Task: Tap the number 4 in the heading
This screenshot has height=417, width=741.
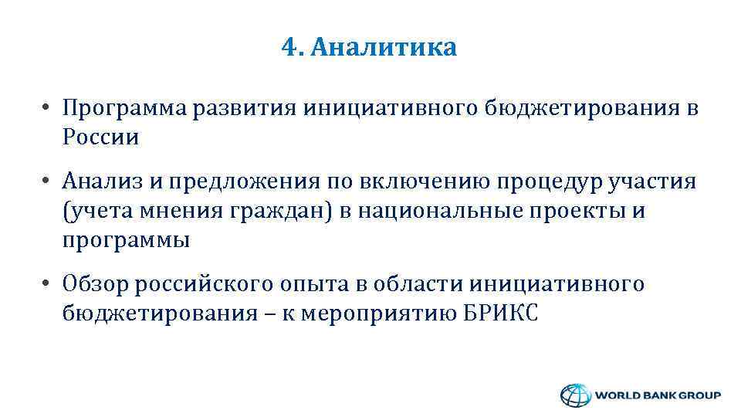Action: tap(289, 48)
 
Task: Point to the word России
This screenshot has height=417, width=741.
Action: tap(101, 137)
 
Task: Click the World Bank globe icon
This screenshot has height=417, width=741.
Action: tap(574, 395)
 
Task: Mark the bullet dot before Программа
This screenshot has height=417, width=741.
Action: tap(48, 109)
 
